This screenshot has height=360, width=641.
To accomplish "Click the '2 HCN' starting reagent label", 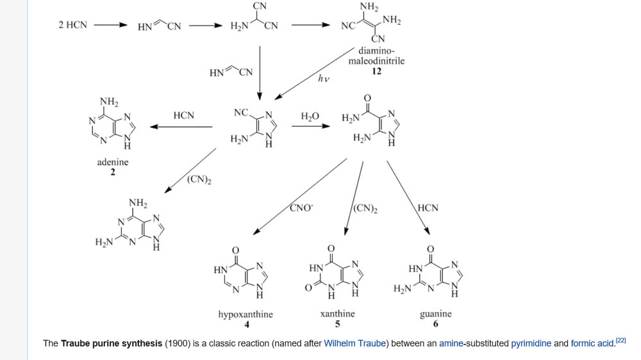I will click(x=72, y=26).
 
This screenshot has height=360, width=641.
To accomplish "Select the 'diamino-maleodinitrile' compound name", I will click(x=376, y=56).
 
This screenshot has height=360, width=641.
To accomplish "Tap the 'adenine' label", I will click(x=113, y=162).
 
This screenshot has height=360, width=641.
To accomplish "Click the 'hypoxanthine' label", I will click(x=246, y=315).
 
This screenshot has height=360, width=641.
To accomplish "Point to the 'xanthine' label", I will click(x=337, y=314).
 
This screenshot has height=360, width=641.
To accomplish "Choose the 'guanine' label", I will click(x=435, y=314).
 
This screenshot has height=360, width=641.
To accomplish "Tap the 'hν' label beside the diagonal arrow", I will click(x=323, y=79).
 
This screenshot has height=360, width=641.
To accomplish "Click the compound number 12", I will click(x=376, y=71).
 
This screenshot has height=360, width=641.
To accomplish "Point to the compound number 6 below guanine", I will click(x=435, y=323).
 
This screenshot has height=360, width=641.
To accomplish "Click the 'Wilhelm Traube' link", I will click(x=354, y=343).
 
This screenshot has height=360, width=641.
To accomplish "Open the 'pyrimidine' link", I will click(x=531, y=343).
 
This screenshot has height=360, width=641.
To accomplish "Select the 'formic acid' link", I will click(x=592, y=343).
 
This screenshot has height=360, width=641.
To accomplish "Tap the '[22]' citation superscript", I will click(x=620, y=340).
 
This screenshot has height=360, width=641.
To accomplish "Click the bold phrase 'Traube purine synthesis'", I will click(x=111, y=343).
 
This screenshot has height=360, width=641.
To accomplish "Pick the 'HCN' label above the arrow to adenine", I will click(x=183, y=115).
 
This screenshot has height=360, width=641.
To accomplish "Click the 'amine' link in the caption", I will click(x=451, y=343).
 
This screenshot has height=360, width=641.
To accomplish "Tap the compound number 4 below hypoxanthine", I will click(x=246, y=324).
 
